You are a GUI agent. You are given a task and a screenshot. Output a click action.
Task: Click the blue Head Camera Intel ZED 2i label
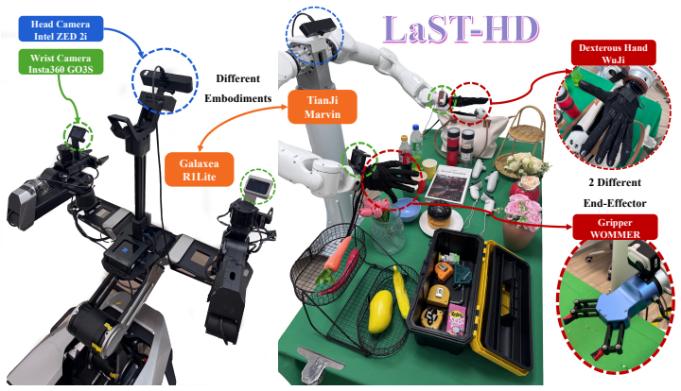click(61, 29)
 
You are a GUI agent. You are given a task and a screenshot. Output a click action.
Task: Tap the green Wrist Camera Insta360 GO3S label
click(61, 62)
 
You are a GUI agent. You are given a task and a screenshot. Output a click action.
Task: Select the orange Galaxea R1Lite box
click(200, 169)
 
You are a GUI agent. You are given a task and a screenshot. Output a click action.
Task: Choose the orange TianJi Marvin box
click(323, 107)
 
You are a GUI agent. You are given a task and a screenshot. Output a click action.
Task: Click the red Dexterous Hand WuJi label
click(613, 53)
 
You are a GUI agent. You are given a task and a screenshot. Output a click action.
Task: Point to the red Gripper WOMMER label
click(615, 228)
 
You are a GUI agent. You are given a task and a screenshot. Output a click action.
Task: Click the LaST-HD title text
click(462, 29)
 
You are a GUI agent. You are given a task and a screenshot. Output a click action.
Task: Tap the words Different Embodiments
click(238, 89)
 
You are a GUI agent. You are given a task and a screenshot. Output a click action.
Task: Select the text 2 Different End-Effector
click(615, 193)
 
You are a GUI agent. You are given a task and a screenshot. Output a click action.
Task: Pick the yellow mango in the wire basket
click(380, 312)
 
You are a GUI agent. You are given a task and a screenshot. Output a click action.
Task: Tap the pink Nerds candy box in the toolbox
click(457, 320)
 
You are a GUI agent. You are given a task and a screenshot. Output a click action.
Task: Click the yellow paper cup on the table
click(429, 169)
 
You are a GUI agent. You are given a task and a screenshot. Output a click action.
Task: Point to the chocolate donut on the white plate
click(440, 216)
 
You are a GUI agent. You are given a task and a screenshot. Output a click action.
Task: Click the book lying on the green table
click(447, 184)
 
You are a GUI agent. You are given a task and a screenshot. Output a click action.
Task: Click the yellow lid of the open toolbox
click(508, 303)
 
